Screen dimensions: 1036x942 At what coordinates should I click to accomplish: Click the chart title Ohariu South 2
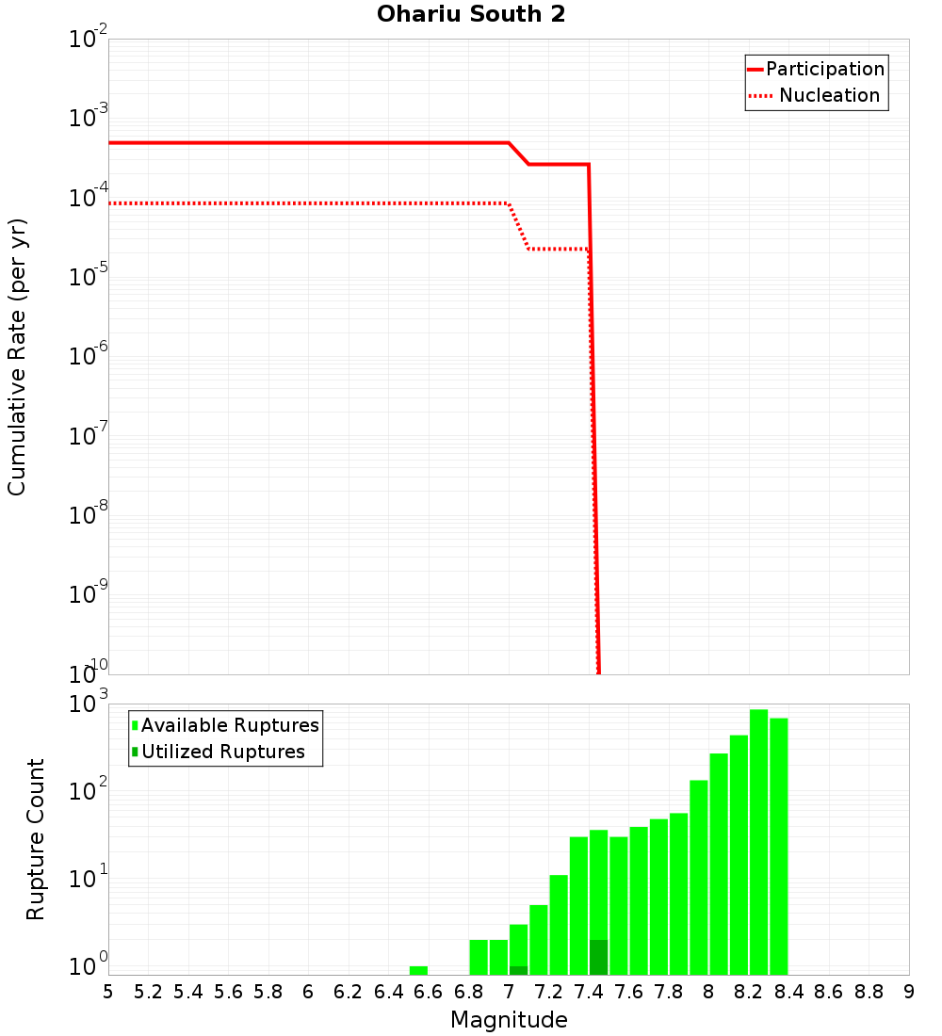[471, 15]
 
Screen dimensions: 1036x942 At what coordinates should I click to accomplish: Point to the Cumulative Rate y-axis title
[17, 357]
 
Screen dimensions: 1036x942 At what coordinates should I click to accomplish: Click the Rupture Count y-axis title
[36, 838]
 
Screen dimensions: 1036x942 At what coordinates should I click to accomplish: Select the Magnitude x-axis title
[509, 1020]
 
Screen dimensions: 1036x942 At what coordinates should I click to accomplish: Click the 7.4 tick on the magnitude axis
[588, 992]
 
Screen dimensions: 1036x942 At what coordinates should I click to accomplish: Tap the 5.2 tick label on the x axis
[148, 992]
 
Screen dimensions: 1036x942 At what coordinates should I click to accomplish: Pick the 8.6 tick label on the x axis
[828, 992]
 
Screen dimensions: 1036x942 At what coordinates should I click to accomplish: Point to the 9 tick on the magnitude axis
[908, 992]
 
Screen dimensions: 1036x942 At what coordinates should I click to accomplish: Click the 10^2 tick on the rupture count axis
[90, 791]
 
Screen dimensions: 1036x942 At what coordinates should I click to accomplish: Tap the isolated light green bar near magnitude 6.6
[418, 970]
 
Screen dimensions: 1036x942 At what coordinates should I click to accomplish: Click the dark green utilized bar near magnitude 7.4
[598, 957]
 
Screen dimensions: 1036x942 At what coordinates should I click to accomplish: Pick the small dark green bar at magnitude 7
[518, 970]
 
